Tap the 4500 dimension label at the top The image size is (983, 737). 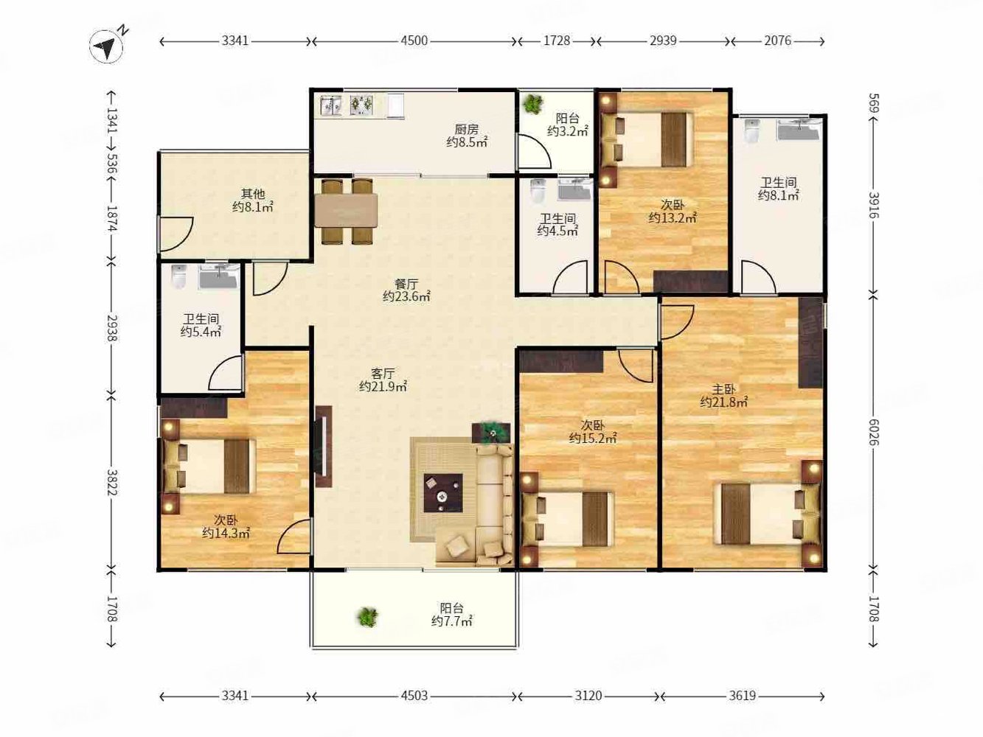point(414,41)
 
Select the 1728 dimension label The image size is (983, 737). point(557,41)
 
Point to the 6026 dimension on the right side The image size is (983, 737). point(873,433)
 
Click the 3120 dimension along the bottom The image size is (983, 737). point(588,696)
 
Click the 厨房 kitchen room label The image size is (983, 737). point(467,130)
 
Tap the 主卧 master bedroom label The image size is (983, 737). point(723,389)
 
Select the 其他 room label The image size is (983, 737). point(253,194)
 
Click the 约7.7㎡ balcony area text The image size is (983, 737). point(452,621)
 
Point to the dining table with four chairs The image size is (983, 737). point(346,212)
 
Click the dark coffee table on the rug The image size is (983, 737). point(443,492)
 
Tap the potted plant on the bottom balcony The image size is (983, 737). point(367,618)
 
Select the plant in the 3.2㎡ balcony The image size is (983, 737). point(532,104)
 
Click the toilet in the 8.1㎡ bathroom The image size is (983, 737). point(752,130)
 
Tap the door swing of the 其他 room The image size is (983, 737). point(177,234)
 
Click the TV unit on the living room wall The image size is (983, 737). point(323,446)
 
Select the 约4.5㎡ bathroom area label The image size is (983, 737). point(558,231)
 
